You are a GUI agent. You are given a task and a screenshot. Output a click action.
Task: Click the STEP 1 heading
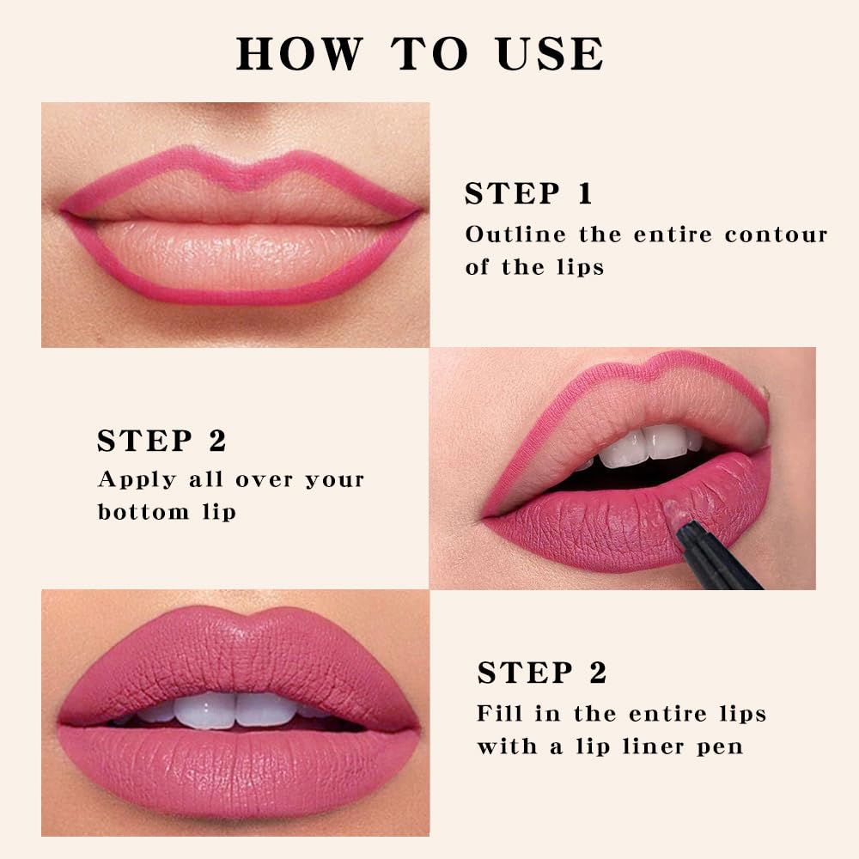[x=528, y=194]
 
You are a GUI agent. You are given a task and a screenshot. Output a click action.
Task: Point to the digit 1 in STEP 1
[x=585, y=194]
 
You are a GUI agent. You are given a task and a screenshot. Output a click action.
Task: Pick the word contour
[x=776, y=235]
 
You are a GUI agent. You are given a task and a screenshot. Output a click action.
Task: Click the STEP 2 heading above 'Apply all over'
[x=161, y=441]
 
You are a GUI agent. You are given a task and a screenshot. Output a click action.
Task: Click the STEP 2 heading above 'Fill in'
[x=542, y=673]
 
